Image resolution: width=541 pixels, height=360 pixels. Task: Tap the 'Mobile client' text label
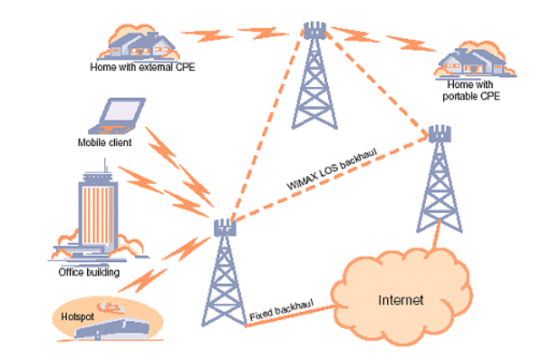[x=95, y=143]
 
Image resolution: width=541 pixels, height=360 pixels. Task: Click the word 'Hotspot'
[x=75, y=316]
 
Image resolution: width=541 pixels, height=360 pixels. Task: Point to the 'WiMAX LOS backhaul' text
[x=331, y=170]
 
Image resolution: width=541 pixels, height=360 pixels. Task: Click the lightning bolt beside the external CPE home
[x=212, y=35]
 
